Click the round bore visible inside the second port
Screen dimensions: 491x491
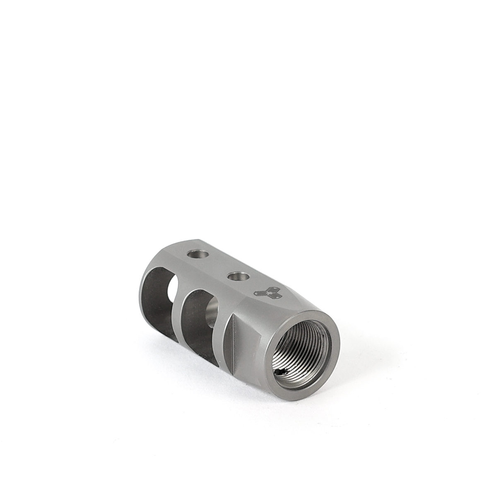[x=212, y=315]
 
